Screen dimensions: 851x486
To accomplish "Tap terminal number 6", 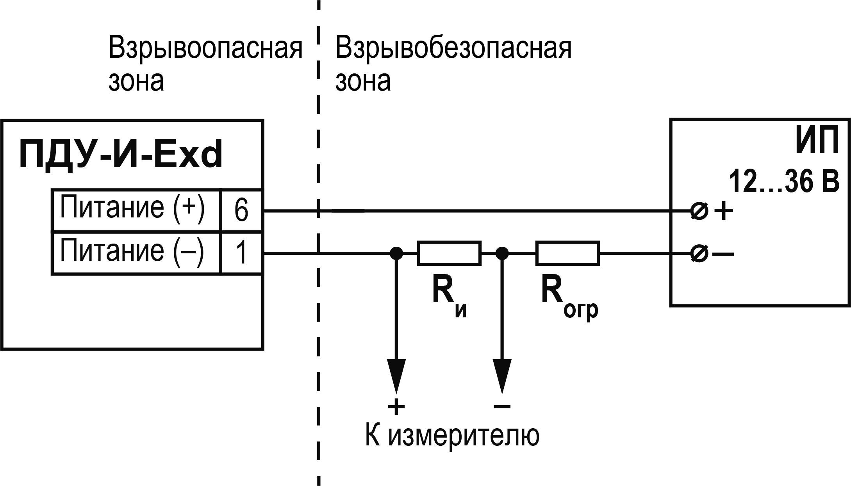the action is click(241, 210).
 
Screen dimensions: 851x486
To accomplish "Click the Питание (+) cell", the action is click(136, 210).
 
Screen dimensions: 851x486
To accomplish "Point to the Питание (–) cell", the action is click(136, 253).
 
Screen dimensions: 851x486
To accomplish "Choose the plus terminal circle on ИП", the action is click(699, 212).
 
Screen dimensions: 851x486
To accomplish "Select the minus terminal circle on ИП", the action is click(699, 254).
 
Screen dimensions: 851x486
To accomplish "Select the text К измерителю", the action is click(452, 435).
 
